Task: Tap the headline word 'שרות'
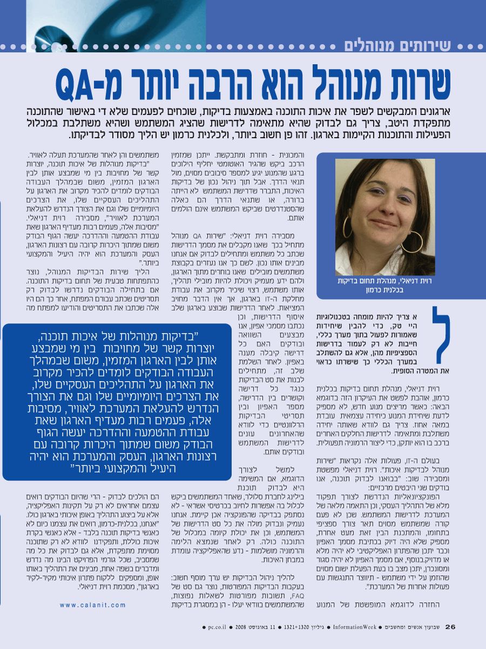pyautogui.click(x=418, y=81)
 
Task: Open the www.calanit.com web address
pyautogui.click(x=93, y=605)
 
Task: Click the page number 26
pyautogui.click(x=451, y=627)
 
